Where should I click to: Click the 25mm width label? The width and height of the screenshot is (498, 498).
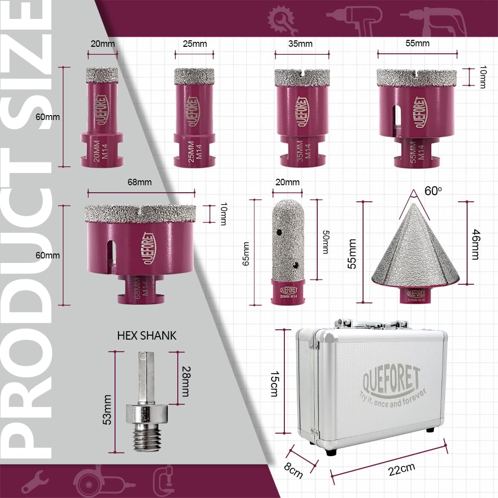click(x=195, y=44)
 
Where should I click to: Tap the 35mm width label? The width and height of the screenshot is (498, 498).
click(x=300, y=44)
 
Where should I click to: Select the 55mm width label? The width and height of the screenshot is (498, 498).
click(x=417, y=43)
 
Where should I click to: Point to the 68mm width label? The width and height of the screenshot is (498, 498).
click(x=139, y=182)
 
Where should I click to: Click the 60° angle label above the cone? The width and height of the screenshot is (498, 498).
click(x=433, y=191)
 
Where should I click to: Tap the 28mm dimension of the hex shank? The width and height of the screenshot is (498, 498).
click(x=186, y=381)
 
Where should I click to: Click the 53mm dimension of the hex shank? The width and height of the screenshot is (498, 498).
click(x=107, y=409)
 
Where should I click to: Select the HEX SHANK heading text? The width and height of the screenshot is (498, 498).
click(x=147, y=336)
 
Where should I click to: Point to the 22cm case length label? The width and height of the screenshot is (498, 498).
click(x=401, y=469)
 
